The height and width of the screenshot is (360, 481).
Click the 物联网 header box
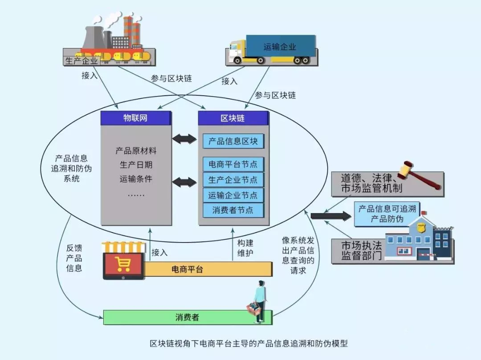(135, 118)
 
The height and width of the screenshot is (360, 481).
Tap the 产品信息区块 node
(233, 142)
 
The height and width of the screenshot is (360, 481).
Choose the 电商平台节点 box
(233, 164)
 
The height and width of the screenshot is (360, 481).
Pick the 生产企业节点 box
(233, 180)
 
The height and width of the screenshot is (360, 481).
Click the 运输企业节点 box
(233, 195)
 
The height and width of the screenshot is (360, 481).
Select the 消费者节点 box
(233, 210)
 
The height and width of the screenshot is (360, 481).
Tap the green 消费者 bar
(187, 317)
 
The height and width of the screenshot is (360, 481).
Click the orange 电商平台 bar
(196, 269)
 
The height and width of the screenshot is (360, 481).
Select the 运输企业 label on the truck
(280, 46)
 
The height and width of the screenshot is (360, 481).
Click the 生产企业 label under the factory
(81, 61)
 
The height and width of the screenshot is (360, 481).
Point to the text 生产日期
(136, 165)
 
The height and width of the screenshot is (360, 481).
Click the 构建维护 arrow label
(245, 248)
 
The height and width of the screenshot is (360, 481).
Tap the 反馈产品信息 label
(74, 258)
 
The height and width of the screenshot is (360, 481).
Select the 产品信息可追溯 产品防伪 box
(387, 214)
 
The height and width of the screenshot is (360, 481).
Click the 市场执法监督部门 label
(361, 251)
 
